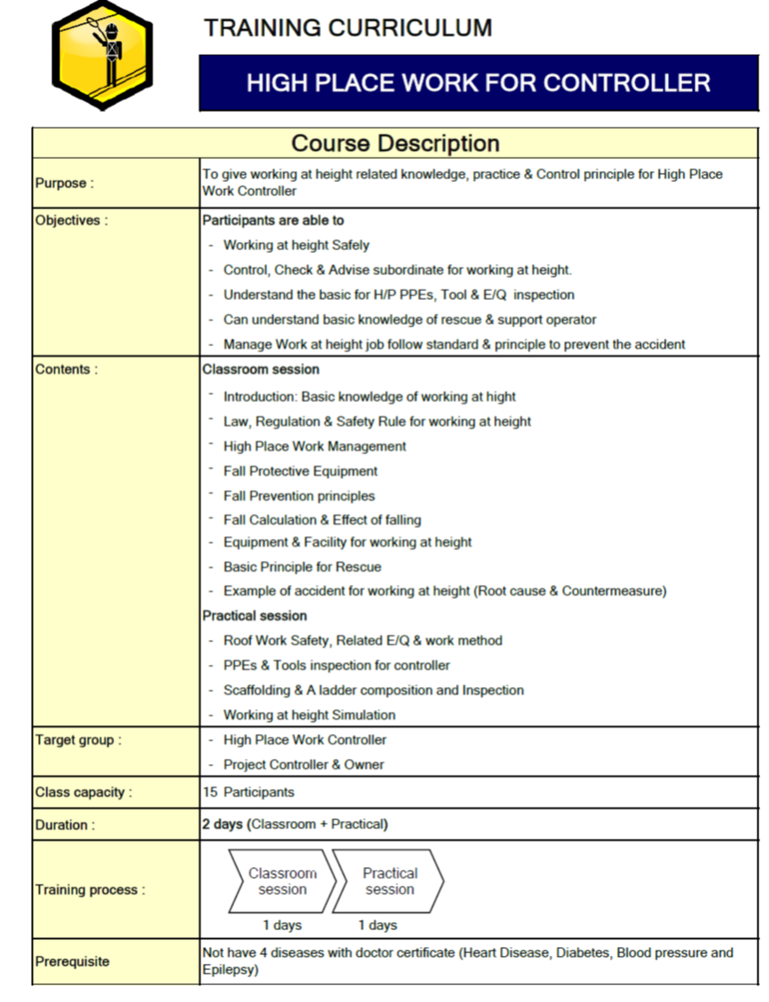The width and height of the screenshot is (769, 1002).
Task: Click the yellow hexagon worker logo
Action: click(101, 54)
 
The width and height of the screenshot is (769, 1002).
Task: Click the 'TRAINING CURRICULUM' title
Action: click(348, 28)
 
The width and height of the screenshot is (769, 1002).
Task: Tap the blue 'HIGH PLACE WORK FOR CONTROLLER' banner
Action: click(478, 83)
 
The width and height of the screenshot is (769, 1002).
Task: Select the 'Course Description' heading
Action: click(396, 143)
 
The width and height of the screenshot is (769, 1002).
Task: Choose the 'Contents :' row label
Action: click(67, 370)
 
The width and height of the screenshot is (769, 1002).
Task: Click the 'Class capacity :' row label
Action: click(83, 793)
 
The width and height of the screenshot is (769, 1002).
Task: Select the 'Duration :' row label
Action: click(65, 825)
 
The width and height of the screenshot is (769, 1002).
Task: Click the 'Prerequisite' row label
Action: click(73, 961)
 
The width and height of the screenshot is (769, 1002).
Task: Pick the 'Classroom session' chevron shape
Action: click(282, 881)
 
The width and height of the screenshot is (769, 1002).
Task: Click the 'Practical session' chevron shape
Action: click(388, 881)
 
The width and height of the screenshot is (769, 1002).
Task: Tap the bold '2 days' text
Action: click(223, 824)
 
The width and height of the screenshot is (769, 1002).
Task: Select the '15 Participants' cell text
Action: click(248, 792)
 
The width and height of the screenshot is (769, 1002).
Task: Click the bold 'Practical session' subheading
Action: click(255, 616)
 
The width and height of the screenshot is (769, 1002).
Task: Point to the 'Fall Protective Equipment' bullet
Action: click(300, 471)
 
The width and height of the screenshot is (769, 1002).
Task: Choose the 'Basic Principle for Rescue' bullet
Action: click(302, 567)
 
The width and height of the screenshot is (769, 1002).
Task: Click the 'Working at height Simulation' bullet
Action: click(310, 714)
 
